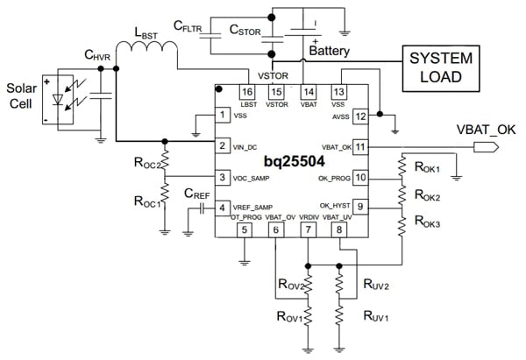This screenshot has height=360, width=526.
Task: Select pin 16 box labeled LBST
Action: pos(247,91)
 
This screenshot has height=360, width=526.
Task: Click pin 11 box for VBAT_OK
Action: pos(359,145)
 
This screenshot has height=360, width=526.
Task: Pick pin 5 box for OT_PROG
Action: pos(245,230)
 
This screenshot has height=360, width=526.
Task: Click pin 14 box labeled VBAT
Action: pos(307,91)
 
